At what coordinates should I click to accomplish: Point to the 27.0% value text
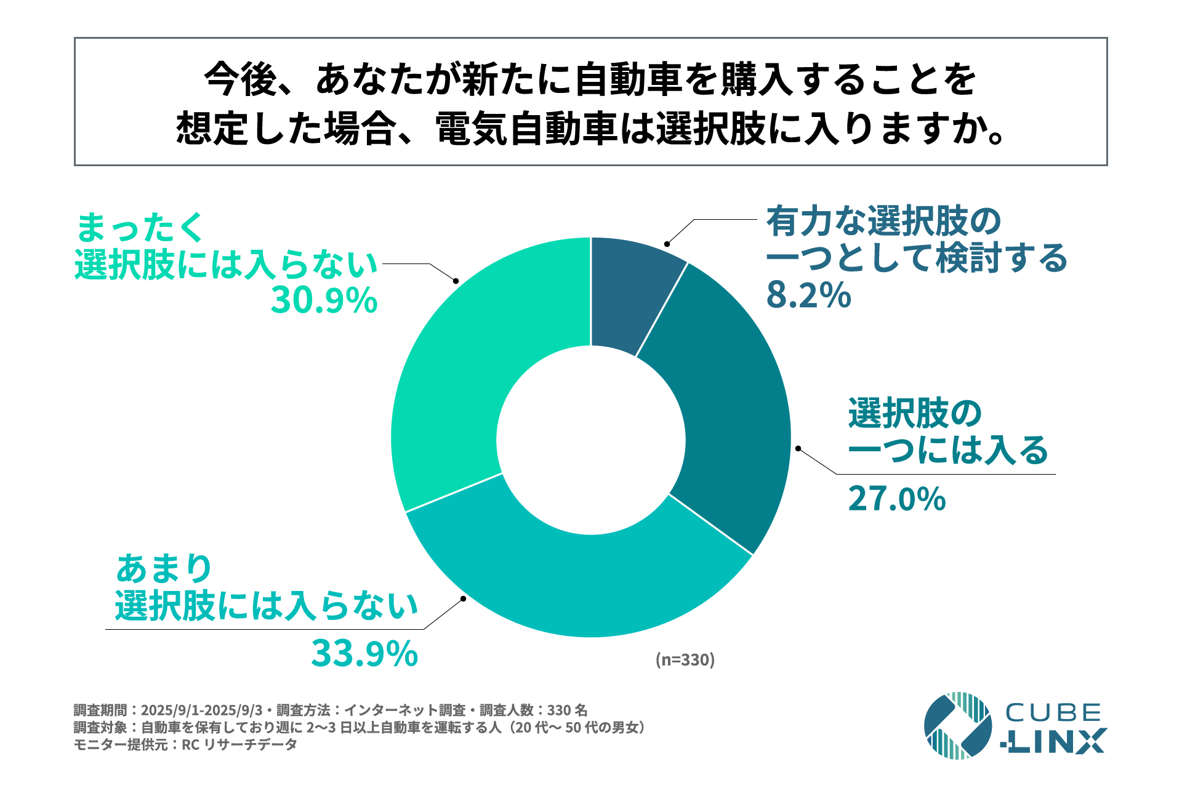tap(896, 499)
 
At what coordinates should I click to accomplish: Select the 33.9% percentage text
tap(364, 654)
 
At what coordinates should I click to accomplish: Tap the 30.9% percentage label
tap(324, 300)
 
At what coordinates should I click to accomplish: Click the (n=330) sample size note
tap(685, 660)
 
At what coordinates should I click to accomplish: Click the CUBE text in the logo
tap(1053, 713)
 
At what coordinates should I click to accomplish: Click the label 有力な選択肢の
tap(883, 222)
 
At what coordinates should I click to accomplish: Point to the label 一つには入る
tap(948, 450)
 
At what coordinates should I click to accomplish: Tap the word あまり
tap(164, 568)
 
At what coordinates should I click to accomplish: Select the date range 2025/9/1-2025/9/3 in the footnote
tap(201, 710)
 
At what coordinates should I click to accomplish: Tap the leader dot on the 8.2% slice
tap(667, 244)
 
